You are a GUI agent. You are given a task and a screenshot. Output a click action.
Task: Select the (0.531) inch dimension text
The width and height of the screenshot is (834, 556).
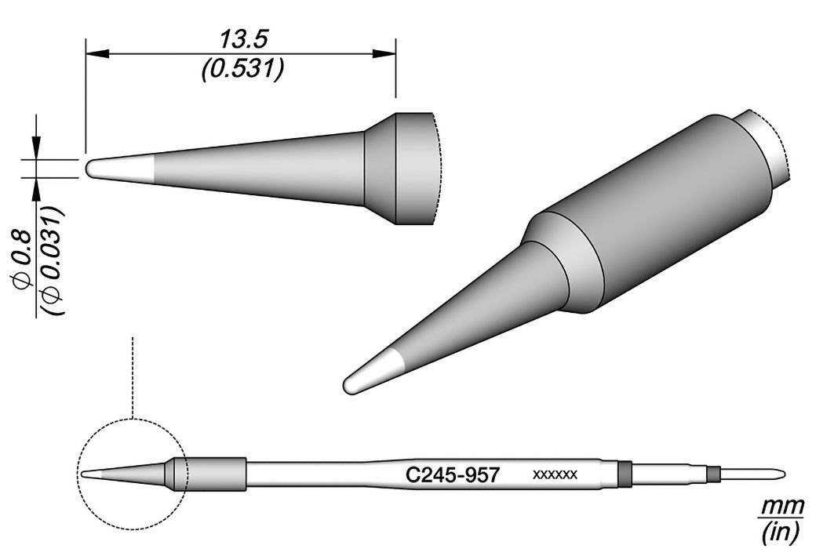pos(242,68)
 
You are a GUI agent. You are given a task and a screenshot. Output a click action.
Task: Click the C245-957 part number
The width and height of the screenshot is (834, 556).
pos(453,474)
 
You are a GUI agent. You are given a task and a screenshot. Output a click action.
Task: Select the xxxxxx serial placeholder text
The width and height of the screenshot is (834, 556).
pos(555,474)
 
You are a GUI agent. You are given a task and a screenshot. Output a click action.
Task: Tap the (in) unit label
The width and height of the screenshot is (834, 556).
pos(781,532)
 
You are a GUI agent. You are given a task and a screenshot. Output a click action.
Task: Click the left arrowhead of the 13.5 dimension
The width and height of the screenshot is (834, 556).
pos(97,53)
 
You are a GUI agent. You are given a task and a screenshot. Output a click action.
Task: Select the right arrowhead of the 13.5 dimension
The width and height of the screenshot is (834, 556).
pos(384,53)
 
